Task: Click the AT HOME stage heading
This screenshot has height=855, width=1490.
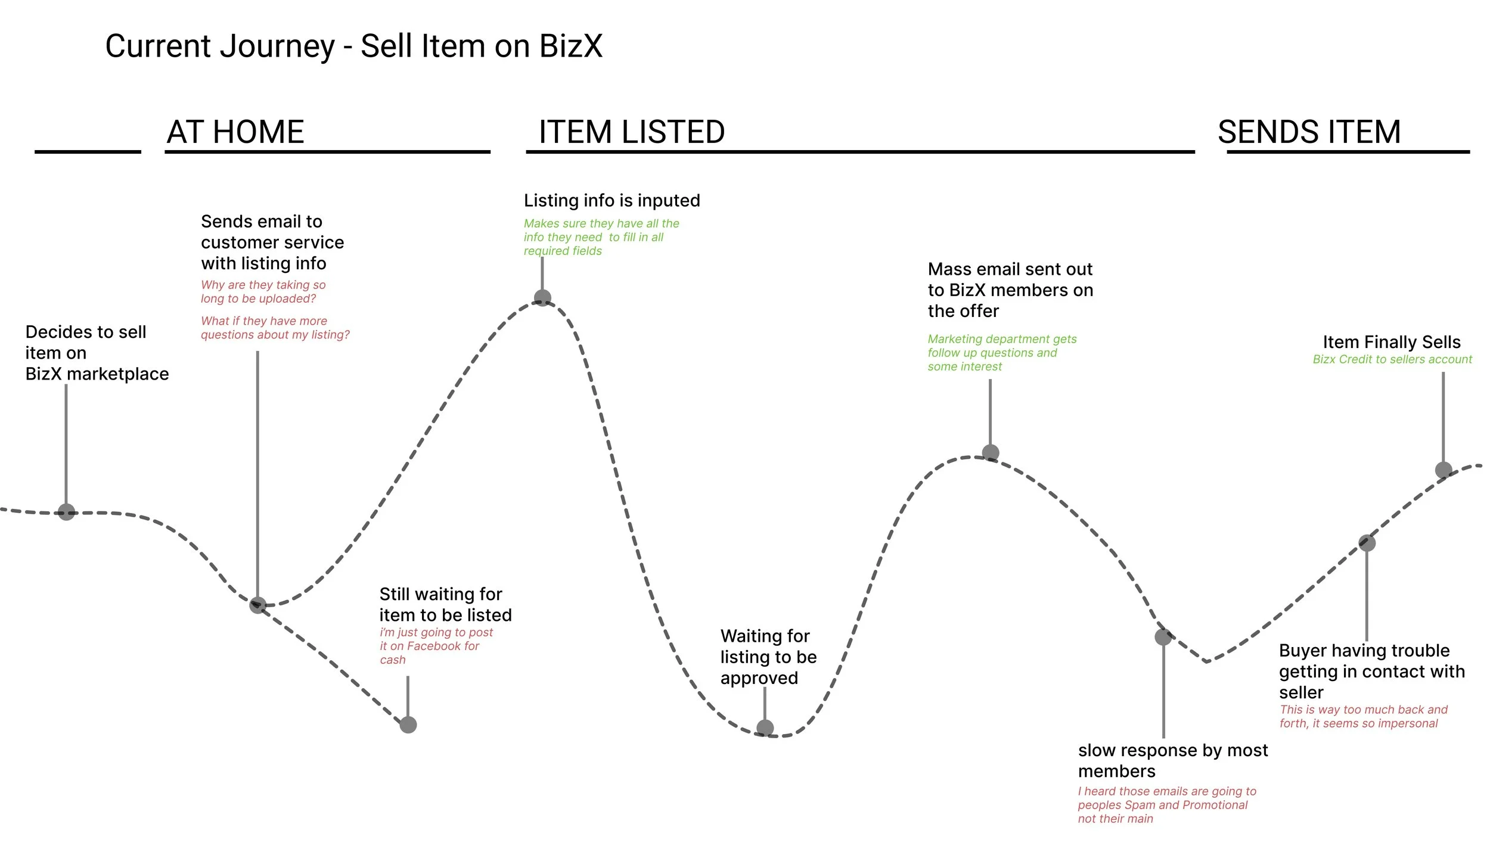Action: coord(235,132)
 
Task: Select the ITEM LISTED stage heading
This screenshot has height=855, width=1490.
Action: coord(631,132)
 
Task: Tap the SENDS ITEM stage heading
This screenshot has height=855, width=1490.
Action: coord(1309,132)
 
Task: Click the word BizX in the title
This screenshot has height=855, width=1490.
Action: coord(570,46)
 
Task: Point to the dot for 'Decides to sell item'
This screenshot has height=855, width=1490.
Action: coord(66,512)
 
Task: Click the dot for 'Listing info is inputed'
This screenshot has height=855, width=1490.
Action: coord(542,298)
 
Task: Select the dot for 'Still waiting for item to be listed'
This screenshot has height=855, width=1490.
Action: coord(408,725)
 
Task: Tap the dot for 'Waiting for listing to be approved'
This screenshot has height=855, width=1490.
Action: coord(765,727)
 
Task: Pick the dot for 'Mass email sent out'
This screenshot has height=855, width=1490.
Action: coord(991,453)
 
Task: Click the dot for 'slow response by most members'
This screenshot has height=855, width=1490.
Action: coord(1163,637)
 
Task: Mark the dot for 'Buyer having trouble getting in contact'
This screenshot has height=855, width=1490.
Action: coord(1367,543)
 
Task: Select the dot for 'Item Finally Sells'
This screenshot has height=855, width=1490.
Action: coord(1444,470)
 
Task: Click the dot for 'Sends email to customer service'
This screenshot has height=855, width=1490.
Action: coord(257,605)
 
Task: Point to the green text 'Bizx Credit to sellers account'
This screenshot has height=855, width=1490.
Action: coord(1392,359)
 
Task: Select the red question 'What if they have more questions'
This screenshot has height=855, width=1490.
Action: coord(275,328)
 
